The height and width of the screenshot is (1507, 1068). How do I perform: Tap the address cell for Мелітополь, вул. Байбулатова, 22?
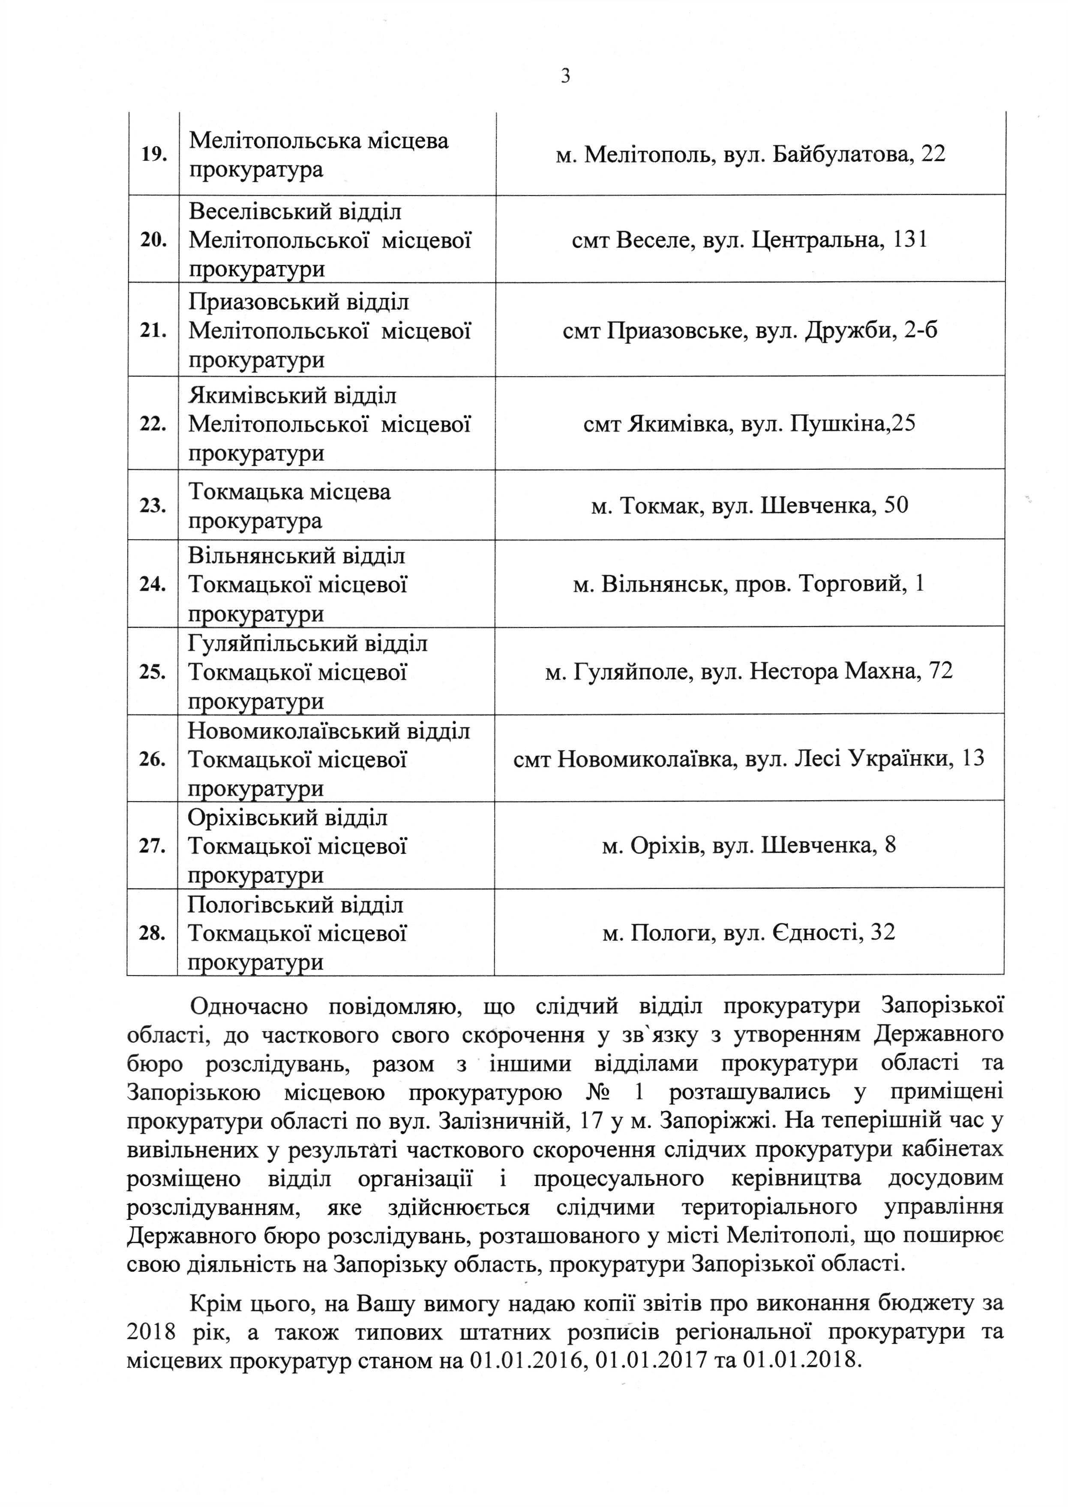tap(750, 154)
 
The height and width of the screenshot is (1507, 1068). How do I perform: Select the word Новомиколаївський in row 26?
tap(286, 731)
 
